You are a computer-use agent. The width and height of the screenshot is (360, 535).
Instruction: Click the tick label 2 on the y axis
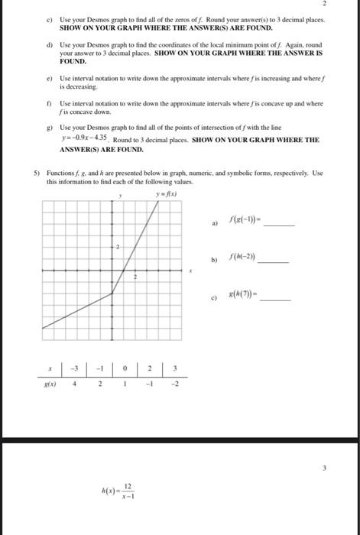(118, 247)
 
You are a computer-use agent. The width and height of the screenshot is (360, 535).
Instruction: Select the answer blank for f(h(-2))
(274, 261)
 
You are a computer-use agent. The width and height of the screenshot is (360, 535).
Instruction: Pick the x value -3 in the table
(75, 368)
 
